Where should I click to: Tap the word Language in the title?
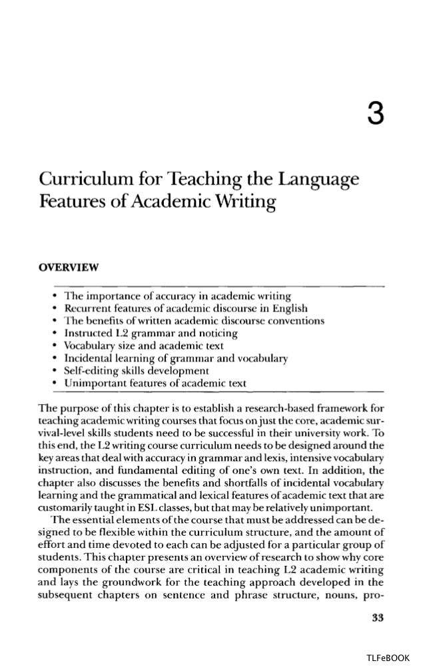pos(312,180)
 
